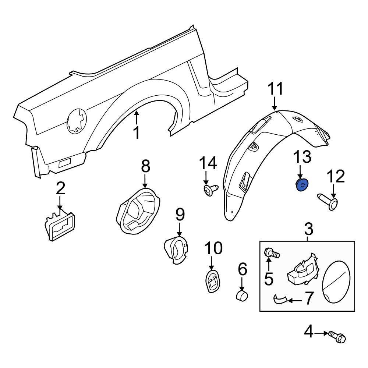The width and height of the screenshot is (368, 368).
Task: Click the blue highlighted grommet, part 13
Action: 302,185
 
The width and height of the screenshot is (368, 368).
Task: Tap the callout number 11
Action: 275,89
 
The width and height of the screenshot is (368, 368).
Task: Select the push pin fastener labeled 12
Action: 328,202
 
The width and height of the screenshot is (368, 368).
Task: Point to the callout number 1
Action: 137,132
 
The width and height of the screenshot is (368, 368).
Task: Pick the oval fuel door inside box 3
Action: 336,282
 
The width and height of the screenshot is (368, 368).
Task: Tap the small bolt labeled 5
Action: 272,253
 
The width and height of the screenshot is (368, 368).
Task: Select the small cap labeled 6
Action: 242,296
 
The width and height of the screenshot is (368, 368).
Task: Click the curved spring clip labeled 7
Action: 281,299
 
